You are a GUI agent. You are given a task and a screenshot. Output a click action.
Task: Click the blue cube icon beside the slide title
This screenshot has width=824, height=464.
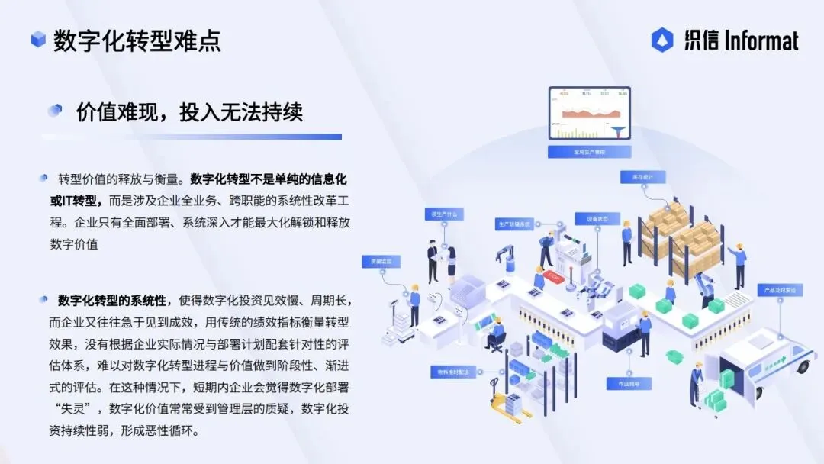click(x=37, y=40)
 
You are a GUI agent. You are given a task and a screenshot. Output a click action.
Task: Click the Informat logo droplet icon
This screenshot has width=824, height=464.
click(x=662, y=40)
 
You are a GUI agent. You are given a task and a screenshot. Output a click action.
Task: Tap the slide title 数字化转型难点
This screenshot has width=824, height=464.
click(x=137, y=40)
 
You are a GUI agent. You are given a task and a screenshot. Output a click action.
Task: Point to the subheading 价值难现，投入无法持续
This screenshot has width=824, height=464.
click(x=189, y=112)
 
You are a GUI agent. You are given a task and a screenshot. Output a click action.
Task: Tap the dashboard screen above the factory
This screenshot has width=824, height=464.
click(x=589, y=114)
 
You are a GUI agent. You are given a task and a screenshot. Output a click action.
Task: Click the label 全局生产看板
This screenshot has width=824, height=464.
click(x=589, y=152)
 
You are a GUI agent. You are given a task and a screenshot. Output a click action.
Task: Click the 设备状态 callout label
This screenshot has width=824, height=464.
click(x=597, y=219)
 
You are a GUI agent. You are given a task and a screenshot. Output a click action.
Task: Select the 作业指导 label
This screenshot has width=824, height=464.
click(x=619, y=384)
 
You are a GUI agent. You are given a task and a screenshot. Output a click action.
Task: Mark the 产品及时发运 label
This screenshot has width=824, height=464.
click(x=776, y=291)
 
